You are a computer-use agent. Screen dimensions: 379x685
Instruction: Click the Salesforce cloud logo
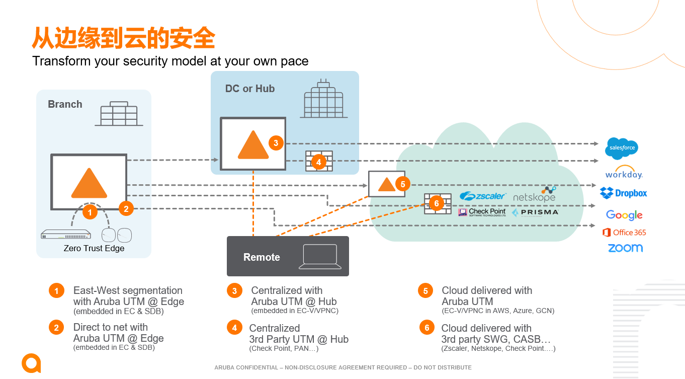tap(622, 148)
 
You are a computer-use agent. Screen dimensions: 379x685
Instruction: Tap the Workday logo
tap(624, 173)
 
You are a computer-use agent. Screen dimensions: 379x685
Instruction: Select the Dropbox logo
tap(624, 193)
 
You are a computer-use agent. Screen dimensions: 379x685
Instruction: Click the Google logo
tap(624, 215)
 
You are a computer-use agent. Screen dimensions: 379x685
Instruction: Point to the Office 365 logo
tap(624, 233)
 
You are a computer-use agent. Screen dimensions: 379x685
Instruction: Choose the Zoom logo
tap(625, 248)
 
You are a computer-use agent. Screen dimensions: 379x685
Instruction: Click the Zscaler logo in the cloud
tap(483, 196)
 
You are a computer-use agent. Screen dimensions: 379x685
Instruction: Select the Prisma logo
tap(535, 212)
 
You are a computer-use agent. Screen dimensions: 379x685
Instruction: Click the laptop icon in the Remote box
tap(320, 256)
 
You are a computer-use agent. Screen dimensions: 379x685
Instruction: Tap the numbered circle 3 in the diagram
tap(276, 143)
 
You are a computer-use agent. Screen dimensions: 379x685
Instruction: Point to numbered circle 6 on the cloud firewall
tap(436, 203)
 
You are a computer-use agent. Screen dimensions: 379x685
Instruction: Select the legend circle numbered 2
tap(56, 328)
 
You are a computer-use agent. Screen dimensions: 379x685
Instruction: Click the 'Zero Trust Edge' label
tap(94, 248)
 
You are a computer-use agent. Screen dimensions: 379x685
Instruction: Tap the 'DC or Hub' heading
tap(250, 89)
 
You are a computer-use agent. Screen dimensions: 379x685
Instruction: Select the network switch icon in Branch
tap(66, 235)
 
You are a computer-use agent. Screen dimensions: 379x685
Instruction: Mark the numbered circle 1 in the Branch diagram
tap(90, 212)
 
